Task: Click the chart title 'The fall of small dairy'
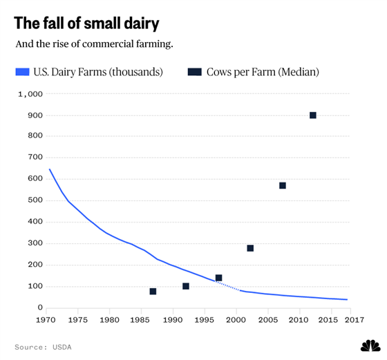(x=86, y=23)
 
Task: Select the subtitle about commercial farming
(x=94, y=44)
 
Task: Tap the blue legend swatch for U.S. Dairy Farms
(x=22, y=72)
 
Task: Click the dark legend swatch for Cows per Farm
(x=194, y=72)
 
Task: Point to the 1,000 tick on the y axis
(x=30, y=94)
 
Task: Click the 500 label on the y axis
(x=35, y=200)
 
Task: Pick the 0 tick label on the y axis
(x=40, y=307)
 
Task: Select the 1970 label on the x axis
(x=46, y=320)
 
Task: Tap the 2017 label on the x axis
(x=355, y=320)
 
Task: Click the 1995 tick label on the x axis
(x=205, y=320)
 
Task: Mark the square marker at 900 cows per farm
(x=312, y=115)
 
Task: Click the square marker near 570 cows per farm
(x=283, y=186)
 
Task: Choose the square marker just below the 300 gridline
(x=250, y=248)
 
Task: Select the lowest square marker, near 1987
(x=153, y=292)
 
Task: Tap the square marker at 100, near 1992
(x=186, y=286)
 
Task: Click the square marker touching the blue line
(x=218, y=278)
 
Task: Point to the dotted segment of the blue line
(x=227, y=286)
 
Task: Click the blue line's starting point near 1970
(x=50, y=169)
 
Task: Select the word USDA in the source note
(x=62, y=347)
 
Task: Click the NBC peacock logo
(x=370, y=345)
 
